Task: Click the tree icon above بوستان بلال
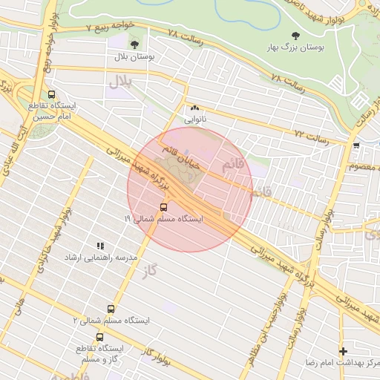(x=134, y=45)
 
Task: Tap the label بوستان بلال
(x=134, y=56)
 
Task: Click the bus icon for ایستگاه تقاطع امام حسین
(x=51, y=95)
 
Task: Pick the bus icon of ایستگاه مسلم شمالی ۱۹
(x=163, y=207)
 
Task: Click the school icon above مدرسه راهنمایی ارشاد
(x=99, y=246)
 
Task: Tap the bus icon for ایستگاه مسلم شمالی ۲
(x=111, y=308)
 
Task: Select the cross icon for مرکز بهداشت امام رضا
(x=342, y=351)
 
